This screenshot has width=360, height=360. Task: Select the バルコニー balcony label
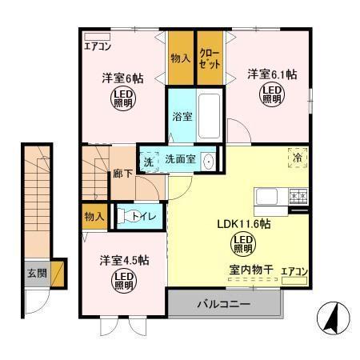[224, 305]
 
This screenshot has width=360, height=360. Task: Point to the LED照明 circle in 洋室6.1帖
[271, 95]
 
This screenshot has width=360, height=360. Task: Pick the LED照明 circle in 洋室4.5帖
[122, 281]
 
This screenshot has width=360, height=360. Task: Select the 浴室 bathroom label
[182, 116]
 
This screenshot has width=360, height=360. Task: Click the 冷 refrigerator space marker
[297, 159]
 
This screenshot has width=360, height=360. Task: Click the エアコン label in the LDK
[294, 272]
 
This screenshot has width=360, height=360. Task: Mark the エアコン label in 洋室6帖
[98, 46]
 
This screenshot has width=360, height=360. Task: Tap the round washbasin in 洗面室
[209, 160]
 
